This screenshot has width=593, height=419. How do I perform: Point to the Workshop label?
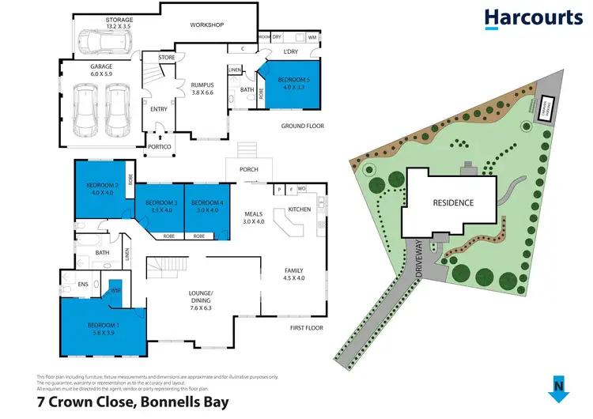[x=207, y=25]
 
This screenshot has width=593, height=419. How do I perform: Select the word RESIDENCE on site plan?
[x=452, y=202]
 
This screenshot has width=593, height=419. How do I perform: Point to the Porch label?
[x=248, y=168]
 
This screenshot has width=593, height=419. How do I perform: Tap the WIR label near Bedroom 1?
[x=115, y=292]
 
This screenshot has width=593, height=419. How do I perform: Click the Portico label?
[x=159, y=147]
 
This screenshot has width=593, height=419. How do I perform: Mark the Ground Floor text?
[x=303, y=126]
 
